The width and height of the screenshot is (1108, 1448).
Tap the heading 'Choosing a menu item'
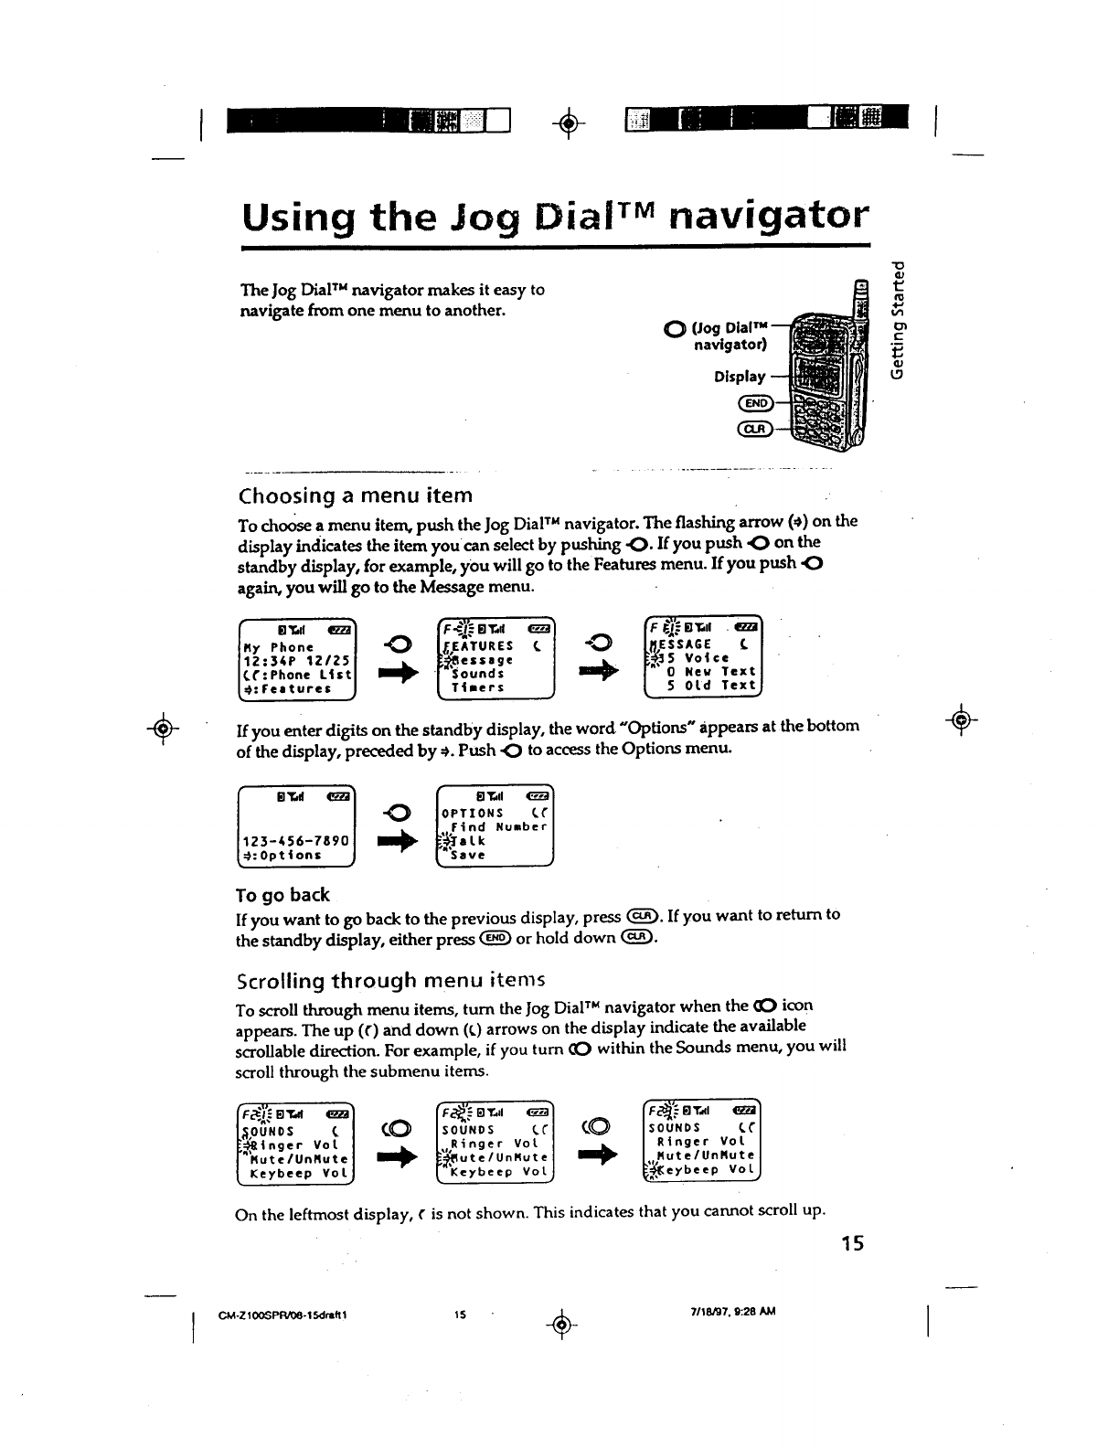tap(355, 496)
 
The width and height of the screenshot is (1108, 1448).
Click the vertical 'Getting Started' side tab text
tap(900, 319)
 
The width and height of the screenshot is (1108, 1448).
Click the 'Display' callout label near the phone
tap(740, 377)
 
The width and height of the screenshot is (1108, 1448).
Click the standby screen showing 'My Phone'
tap(296, 658)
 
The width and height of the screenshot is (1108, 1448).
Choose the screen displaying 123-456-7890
tap(296, 825)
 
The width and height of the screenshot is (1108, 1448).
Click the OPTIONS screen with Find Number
tap(495, 825)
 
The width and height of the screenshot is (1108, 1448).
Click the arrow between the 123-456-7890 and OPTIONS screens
tap(399, 844)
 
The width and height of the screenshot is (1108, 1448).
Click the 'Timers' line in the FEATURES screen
tap(478, 687)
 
